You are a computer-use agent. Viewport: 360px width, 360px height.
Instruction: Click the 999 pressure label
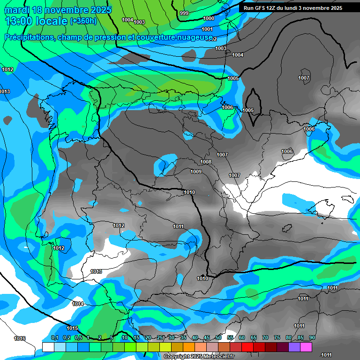pyautogui.click(x=184, y=14)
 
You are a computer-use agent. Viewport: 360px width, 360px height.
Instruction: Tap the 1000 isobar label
pyautogui.click(x=209, y=18)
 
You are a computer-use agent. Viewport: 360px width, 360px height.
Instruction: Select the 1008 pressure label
pyautogui.click(x=206, y=162)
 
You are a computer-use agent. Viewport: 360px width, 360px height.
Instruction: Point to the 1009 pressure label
pyautogui.click(x=196, y=172)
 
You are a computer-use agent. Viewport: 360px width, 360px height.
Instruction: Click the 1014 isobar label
pyautogui.click(x=78, y=304)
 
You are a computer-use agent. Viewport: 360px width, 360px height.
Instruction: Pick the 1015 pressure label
pyautogui.click(x=72, y=328)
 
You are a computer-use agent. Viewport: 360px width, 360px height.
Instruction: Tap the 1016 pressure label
pyautogui.click(x=20, y=338)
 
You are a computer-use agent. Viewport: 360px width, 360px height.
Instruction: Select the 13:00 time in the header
pyautogui.click(x=22, y=21)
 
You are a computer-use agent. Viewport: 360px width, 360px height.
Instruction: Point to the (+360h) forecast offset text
pyautogui.click(x=83, y=21)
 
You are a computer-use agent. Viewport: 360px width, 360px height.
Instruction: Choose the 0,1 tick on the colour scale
pyautogui.click(x=54, y=338)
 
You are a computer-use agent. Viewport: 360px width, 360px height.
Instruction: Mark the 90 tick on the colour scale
pyautogui.click(x=312, y=338)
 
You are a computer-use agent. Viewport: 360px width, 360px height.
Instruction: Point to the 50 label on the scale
pyautogui.click(x=218, y=338)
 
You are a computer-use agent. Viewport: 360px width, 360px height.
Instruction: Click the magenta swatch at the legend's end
pyautogui.click(x=306, y=347)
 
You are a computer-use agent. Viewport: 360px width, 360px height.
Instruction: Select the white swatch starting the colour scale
pyautogui.click(x=48, y=347)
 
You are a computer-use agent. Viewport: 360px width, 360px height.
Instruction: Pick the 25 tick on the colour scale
pyautogui.click(x=160, y=338)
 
